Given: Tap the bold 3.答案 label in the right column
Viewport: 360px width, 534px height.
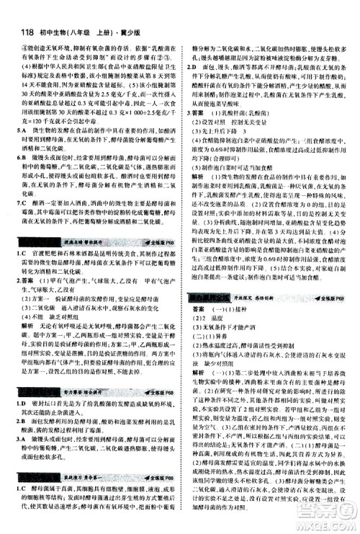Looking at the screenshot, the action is click(198, 113).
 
